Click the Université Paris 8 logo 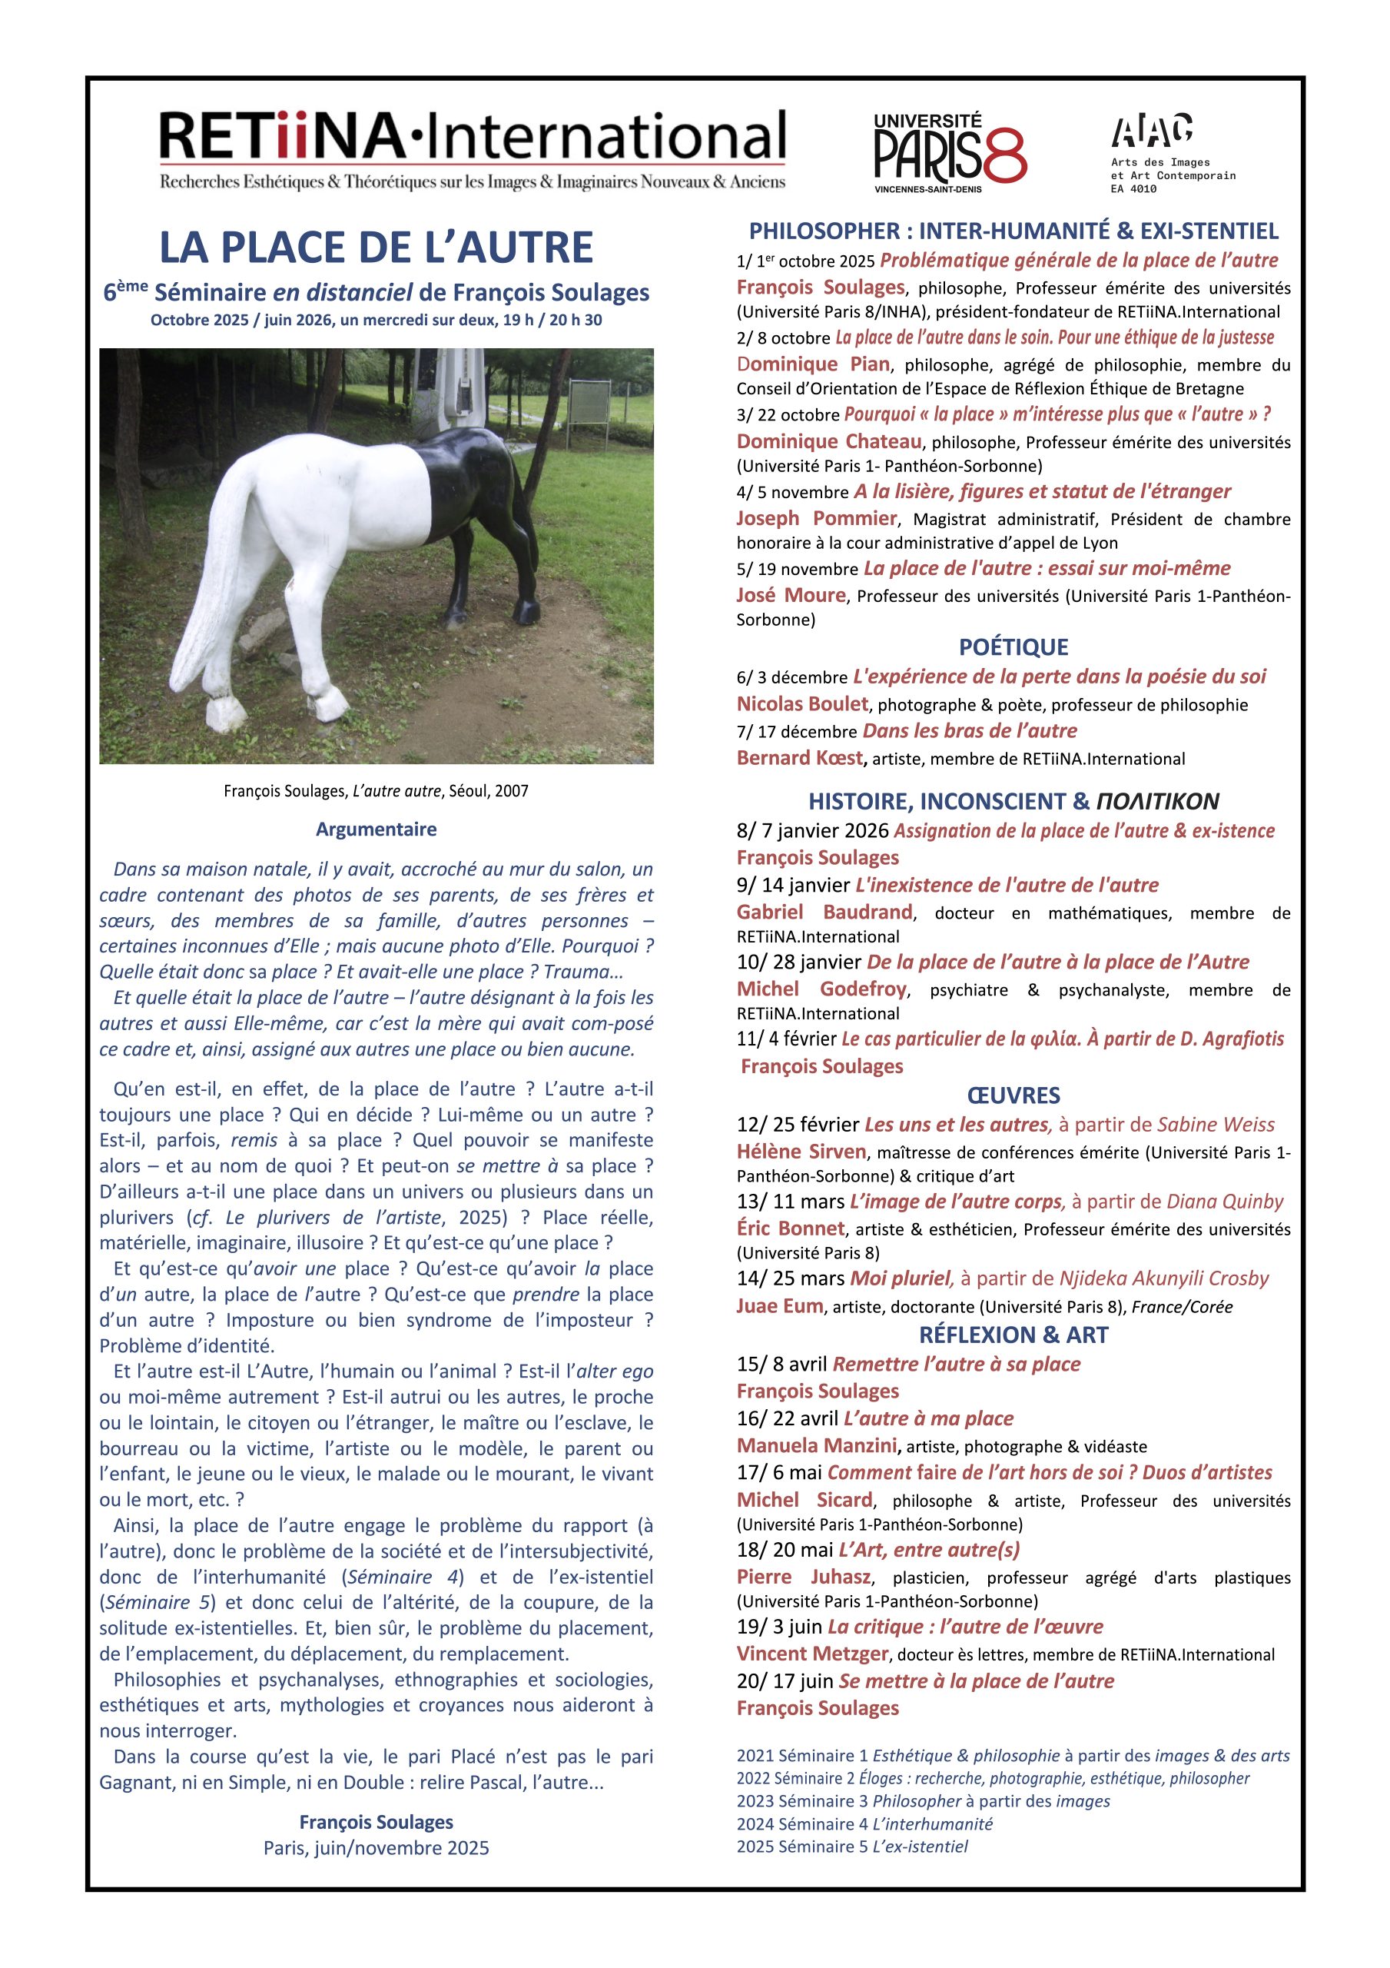(x=950, y=152)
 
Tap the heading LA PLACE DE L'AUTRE (x=377, y=248)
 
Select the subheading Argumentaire (x=377, y=829)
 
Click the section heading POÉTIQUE (x=1013, y=647)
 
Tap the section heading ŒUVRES (x=1013, y=1095)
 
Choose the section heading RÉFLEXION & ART (x=1013, y=1335)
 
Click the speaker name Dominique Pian (x=813, y=364)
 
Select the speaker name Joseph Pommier (x=816, y=519)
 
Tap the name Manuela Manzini (x=816, y=1445)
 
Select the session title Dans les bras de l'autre (x=969, y=730)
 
